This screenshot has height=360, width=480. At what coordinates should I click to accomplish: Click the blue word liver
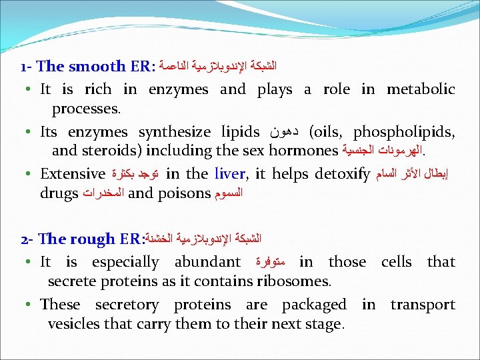[x=230, y=174]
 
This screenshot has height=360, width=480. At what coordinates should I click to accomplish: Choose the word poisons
[x=183, y=193]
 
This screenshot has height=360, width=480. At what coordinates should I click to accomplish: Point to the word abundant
[x=207, y=262]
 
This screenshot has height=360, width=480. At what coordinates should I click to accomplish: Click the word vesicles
[x=73, y=325]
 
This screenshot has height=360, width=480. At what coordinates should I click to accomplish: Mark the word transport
[x=423, y=305]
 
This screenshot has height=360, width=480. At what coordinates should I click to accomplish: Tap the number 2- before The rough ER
[x=28, y=239]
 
